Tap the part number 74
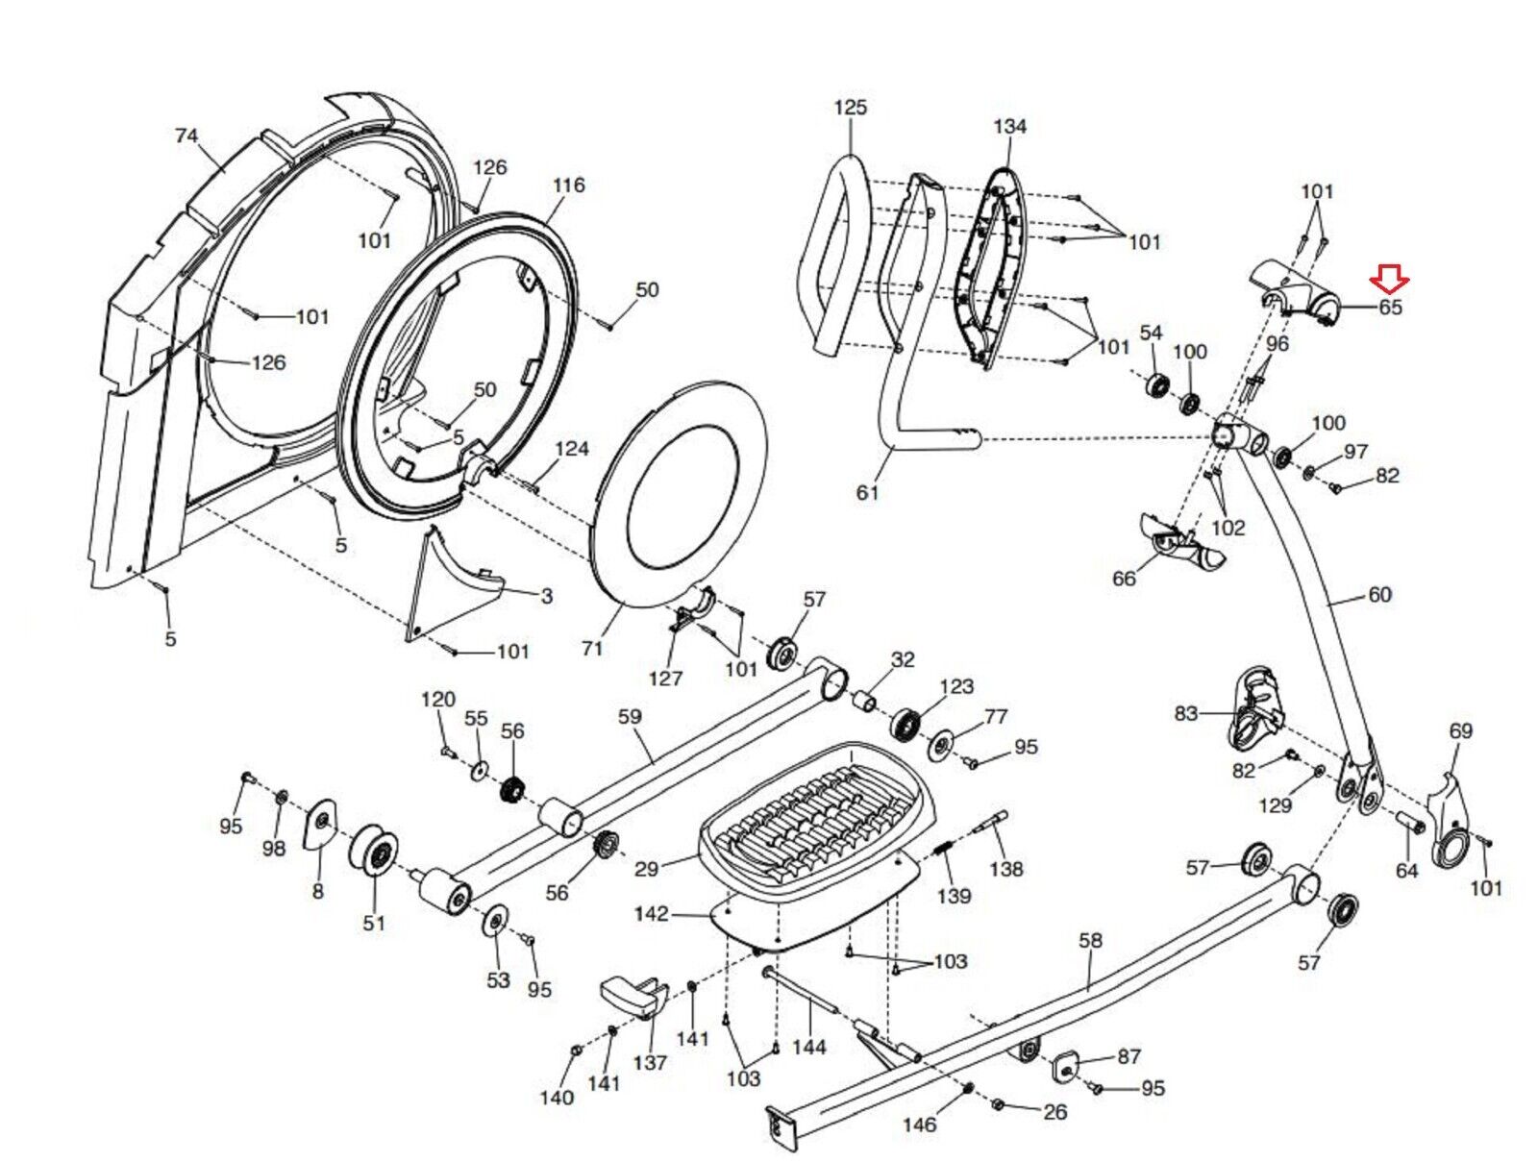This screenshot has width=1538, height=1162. [x=186, y=136]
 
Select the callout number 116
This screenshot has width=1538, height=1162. [x=568, y=185]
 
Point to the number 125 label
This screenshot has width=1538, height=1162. [x=850, y=107]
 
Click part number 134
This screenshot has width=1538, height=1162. [x=1009, y=126]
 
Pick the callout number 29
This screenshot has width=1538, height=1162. [x=646, y=869]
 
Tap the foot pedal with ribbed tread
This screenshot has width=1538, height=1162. [x=817, y=807]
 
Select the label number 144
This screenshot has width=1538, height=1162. [x=808, y=1046]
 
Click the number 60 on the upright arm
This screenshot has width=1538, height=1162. [x=1378, y=595]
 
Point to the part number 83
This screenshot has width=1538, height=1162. [x=1186, y=713]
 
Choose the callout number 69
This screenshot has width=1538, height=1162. [x=1460, y=731]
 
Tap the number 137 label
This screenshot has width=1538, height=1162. [x=650, y=1062]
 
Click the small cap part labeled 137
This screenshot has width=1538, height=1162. [x=633, y=995]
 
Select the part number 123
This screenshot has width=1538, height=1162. [x=956, y=686]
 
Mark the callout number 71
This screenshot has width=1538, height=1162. [x=592, y=648]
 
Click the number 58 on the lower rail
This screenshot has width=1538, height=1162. [x=1090, y=940]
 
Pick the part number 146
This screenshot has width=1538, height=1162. [x=919, y=1124]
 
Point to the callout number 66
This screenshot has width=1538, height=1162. [x=1124, y=578]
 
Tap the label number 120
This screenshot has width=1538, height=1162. [x=438, y=699]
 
